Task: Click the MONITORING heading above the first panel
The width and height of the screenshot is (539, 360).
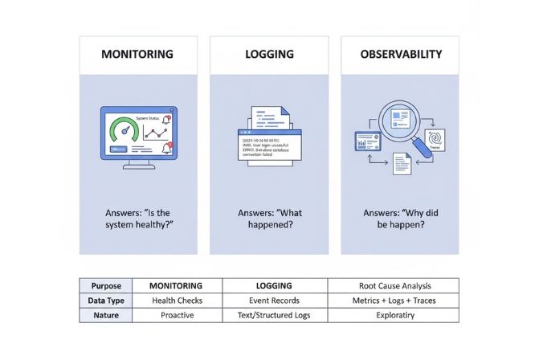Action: [138, 55]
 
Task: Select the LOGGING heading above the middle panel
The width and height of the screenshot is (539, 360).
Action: [269, 55]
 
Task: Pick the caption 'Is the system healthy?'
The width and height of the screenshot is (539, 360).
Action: [138, 219]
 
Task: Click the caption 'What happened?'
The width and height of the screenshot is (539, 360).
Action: [269, 219]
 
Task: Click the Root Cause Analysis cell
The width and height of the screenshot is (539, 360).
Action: [394, 285]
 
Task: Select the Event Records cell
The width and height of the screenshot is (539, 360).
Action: [273, 300]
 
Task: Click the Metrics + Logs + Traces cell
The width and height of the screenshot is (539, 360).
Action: [394, 300]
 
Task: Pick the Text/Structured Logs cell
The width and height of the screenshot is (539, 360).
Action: [273, 315]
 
